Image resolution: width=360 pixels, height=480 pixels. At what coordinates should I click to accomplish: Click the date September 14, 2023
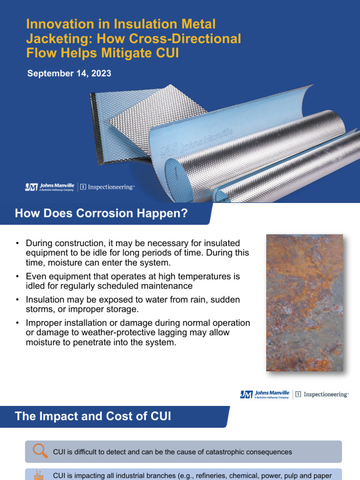tap(69, 74)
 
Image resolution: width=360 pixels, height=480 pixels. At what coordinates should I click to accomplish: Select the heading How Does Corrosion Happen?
tap(101, 214)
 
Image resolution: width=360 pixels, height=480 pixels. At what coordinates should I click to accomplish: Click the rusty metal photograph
tap(304, 303)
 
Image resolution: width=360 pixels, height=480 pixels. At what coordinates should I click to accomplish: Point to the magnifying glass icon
tap(40, 451)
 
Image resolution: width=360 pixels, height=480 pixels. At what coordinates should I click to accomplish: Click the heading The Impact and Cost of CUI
tap(93, 416)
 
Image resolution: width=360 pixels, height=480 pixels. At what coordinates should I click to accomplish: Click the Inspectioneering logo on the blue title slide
tap(107, 187)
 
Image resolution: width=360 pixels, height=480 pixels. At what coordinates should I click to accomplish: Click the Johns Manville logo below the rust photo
tap(264, 395)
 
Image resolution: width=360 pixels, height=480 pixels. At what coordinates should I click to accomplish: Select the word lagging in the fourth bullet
tap(179, 332)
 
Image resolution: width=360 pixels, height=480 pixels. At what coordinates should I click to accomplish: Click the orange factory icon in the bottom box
tap(40, 473)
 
